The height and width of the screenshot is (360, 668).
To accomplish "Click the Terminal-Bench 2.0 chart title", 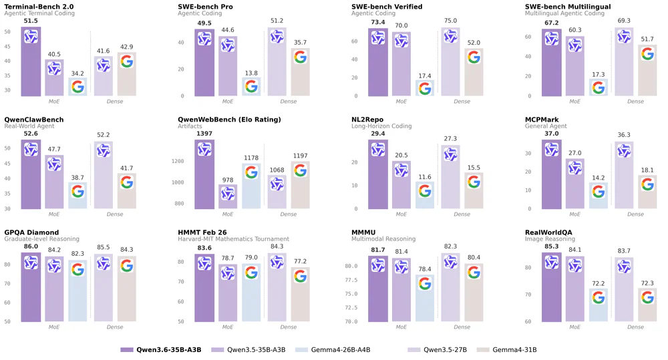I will click(x=39, y=6).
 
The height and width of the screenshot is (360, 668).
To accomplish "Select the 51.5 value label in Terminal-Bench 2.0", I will click(x=31, y=21).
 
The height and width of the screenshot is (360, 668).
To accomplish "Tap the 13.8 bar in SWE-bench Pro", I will click(x=251, y=87).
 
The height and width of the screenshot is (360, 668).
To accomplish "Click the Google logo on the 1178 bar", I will click(x=251, y=172).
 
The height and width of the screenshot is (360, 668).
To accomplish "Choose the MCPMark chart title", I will click(x=546, y=120).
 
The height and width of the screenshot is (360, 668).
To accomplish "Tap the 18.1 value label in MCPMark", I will click(x=647, y=170).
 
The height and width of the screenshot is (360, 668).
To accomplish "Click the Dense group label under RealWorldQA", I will click(x=635, y=327).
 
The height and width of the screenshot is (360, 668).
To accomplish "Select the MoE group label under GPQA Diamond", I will click(x=54, y=327).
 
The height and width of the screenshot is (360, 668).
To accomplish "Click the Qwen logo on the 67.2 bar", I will click(x=552, y=38).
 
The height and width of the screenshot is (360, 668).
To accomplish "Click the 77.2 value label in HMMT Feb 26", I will click(x=301, y=262).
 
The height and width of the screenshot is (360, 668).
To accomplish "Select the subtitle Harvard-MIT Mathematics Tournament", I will click(x=233, y=239).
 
